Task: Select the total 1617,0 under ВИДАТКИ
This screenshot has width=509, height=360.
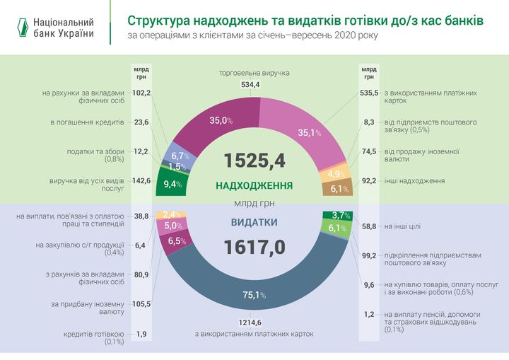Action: point(255,247)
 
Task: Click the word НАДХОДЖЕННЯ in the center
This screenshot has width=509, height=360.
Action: point(255,185)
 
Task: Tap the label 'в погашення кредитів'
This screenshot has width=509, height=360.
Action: point(87,122)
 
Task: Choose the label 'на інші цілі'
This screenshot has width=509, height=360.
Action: point(402,227)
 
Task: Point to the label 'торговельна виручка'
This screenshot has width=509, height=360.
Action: point(254,73)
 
